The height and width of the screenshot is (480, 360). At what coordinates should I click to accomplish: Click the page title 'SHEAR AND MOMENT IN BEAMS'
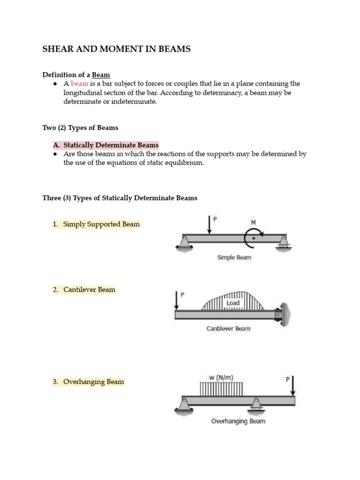117,49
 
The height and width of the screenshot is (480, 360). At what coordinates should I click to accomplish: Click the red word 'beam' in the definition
79,83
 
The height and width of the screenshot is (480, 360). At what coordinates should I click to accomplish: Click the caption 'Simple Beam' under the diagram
234,257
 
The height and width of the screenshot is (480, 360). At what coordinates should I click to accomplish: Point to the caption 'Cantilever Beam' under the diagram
228,329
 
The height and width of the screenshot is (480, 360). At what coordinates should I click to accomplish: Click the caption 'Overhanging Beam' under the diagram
238,421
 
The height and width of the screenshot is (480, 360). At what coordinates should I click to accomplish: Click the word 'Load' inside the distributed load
233,303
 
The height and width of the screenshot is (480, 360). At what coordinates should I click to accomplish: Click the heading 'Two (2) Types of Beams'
80,128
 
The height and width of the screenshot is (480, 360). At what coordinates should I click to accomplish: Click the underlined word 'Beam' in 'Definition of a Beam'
101,75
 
